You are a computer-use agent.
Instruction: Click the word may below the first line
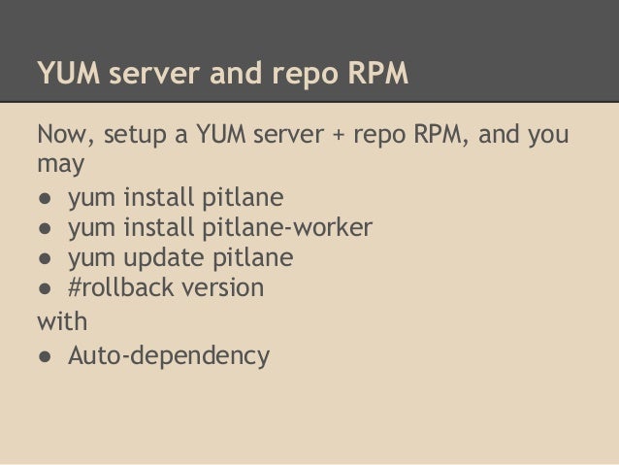60,165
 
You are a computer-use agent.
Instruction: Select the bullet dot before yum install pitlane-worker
45,229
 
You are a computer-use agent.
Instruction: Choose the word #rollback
116,288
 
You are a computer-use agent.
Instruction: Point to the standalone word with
61,319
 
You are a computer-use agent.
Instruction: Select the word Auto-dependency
168,356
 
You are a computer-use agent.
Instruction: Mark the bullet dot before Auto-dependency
45,356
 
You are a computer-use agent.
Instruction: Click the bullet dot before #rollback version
45,289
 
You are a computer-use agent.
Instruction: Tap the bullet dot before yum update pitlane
45,259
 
